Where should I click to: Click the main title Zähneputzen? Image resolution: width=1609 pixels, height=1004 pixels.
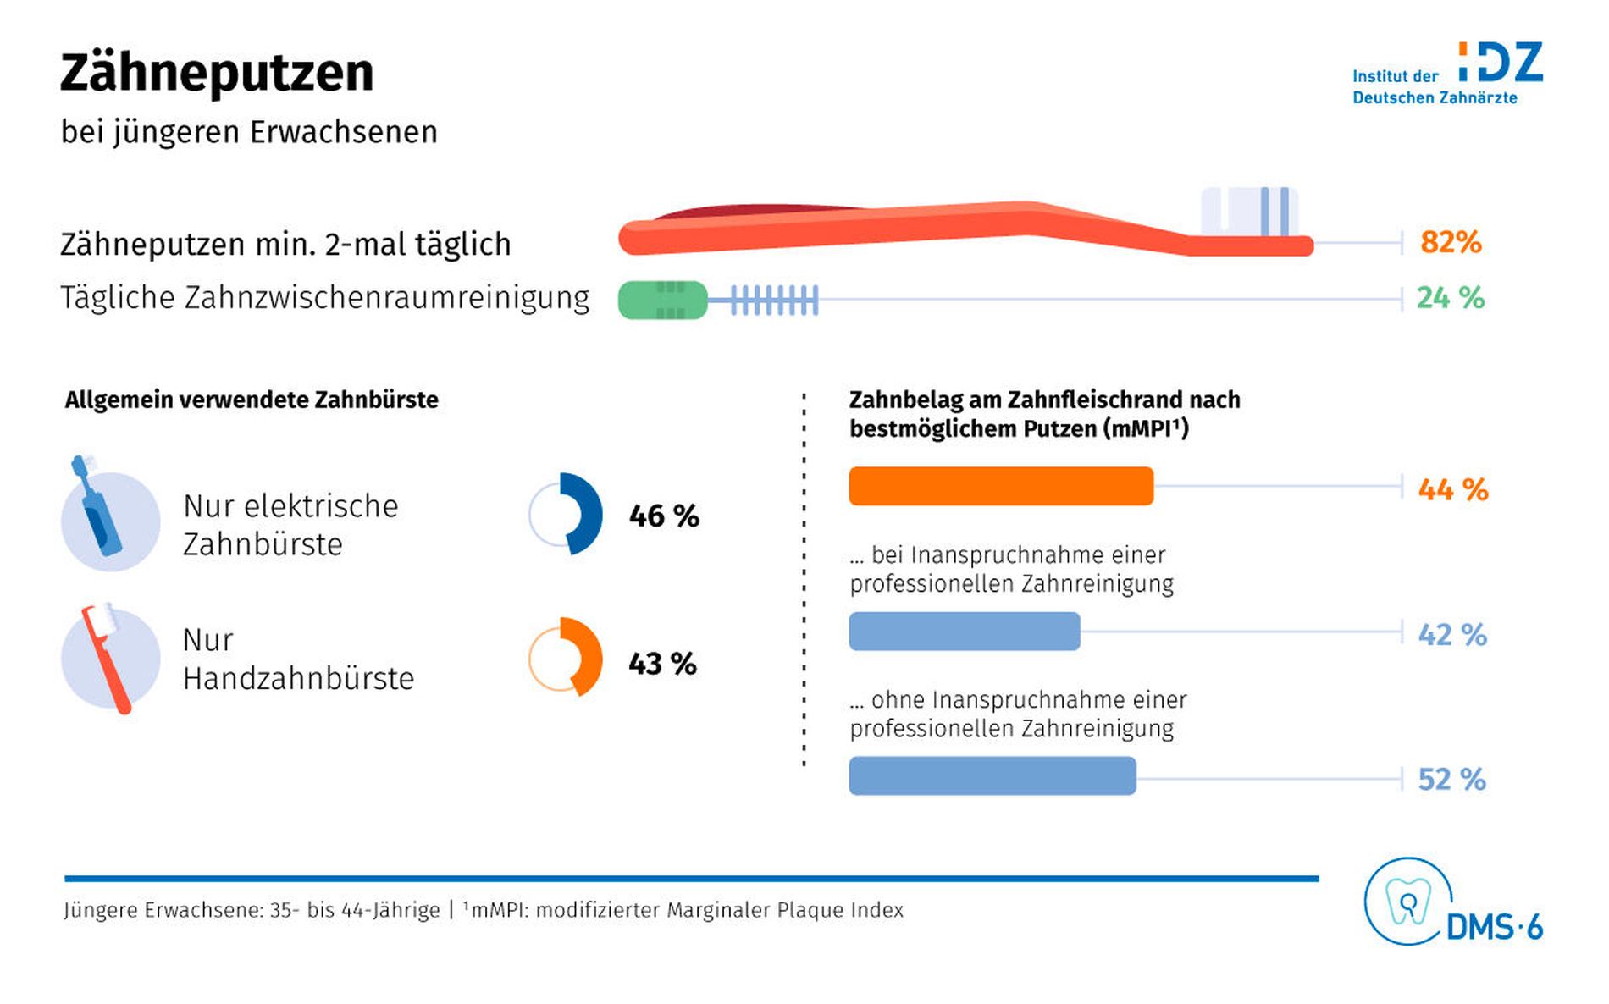point(217,73)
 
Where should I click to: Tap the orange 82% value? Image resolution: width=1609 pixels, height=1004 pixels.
point(1451,242)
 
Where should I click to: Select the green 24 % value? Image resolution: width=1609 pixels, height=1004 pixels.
point(1450,298)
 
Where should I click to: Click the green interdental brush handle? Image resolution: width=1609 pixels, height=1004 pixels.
point(662,300)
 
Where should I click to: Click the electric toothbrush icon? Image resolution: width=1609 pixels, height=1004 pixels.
point(97,507)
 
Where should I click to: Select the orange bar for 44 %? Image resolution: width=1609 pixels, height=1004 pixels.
point(1001,486)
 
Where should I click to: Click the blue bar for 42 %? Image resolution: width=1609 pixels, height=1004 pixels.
point(965,631)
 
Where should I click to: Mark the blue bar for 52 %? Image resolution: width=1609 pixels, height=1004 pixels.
point(992,775)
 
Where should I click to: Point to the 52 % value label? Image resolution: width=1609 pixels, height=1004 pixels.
point(1451,779)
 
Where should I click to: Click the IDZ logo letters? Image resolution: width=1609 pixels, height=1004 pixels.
point(1501,63)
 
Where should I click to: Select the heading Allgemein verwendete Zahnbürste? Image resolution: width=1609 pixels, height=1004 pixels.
point(252,400)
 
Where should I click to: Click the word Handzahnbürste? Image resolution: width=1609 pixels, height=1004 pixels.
point(299,678)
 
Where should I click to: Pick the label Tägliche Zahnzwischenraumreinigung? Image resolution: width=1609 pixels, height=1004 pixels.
point(325,298)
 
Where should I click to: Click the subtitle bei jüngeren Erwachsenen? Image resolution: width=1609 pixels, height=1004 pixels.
point(249,132)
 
